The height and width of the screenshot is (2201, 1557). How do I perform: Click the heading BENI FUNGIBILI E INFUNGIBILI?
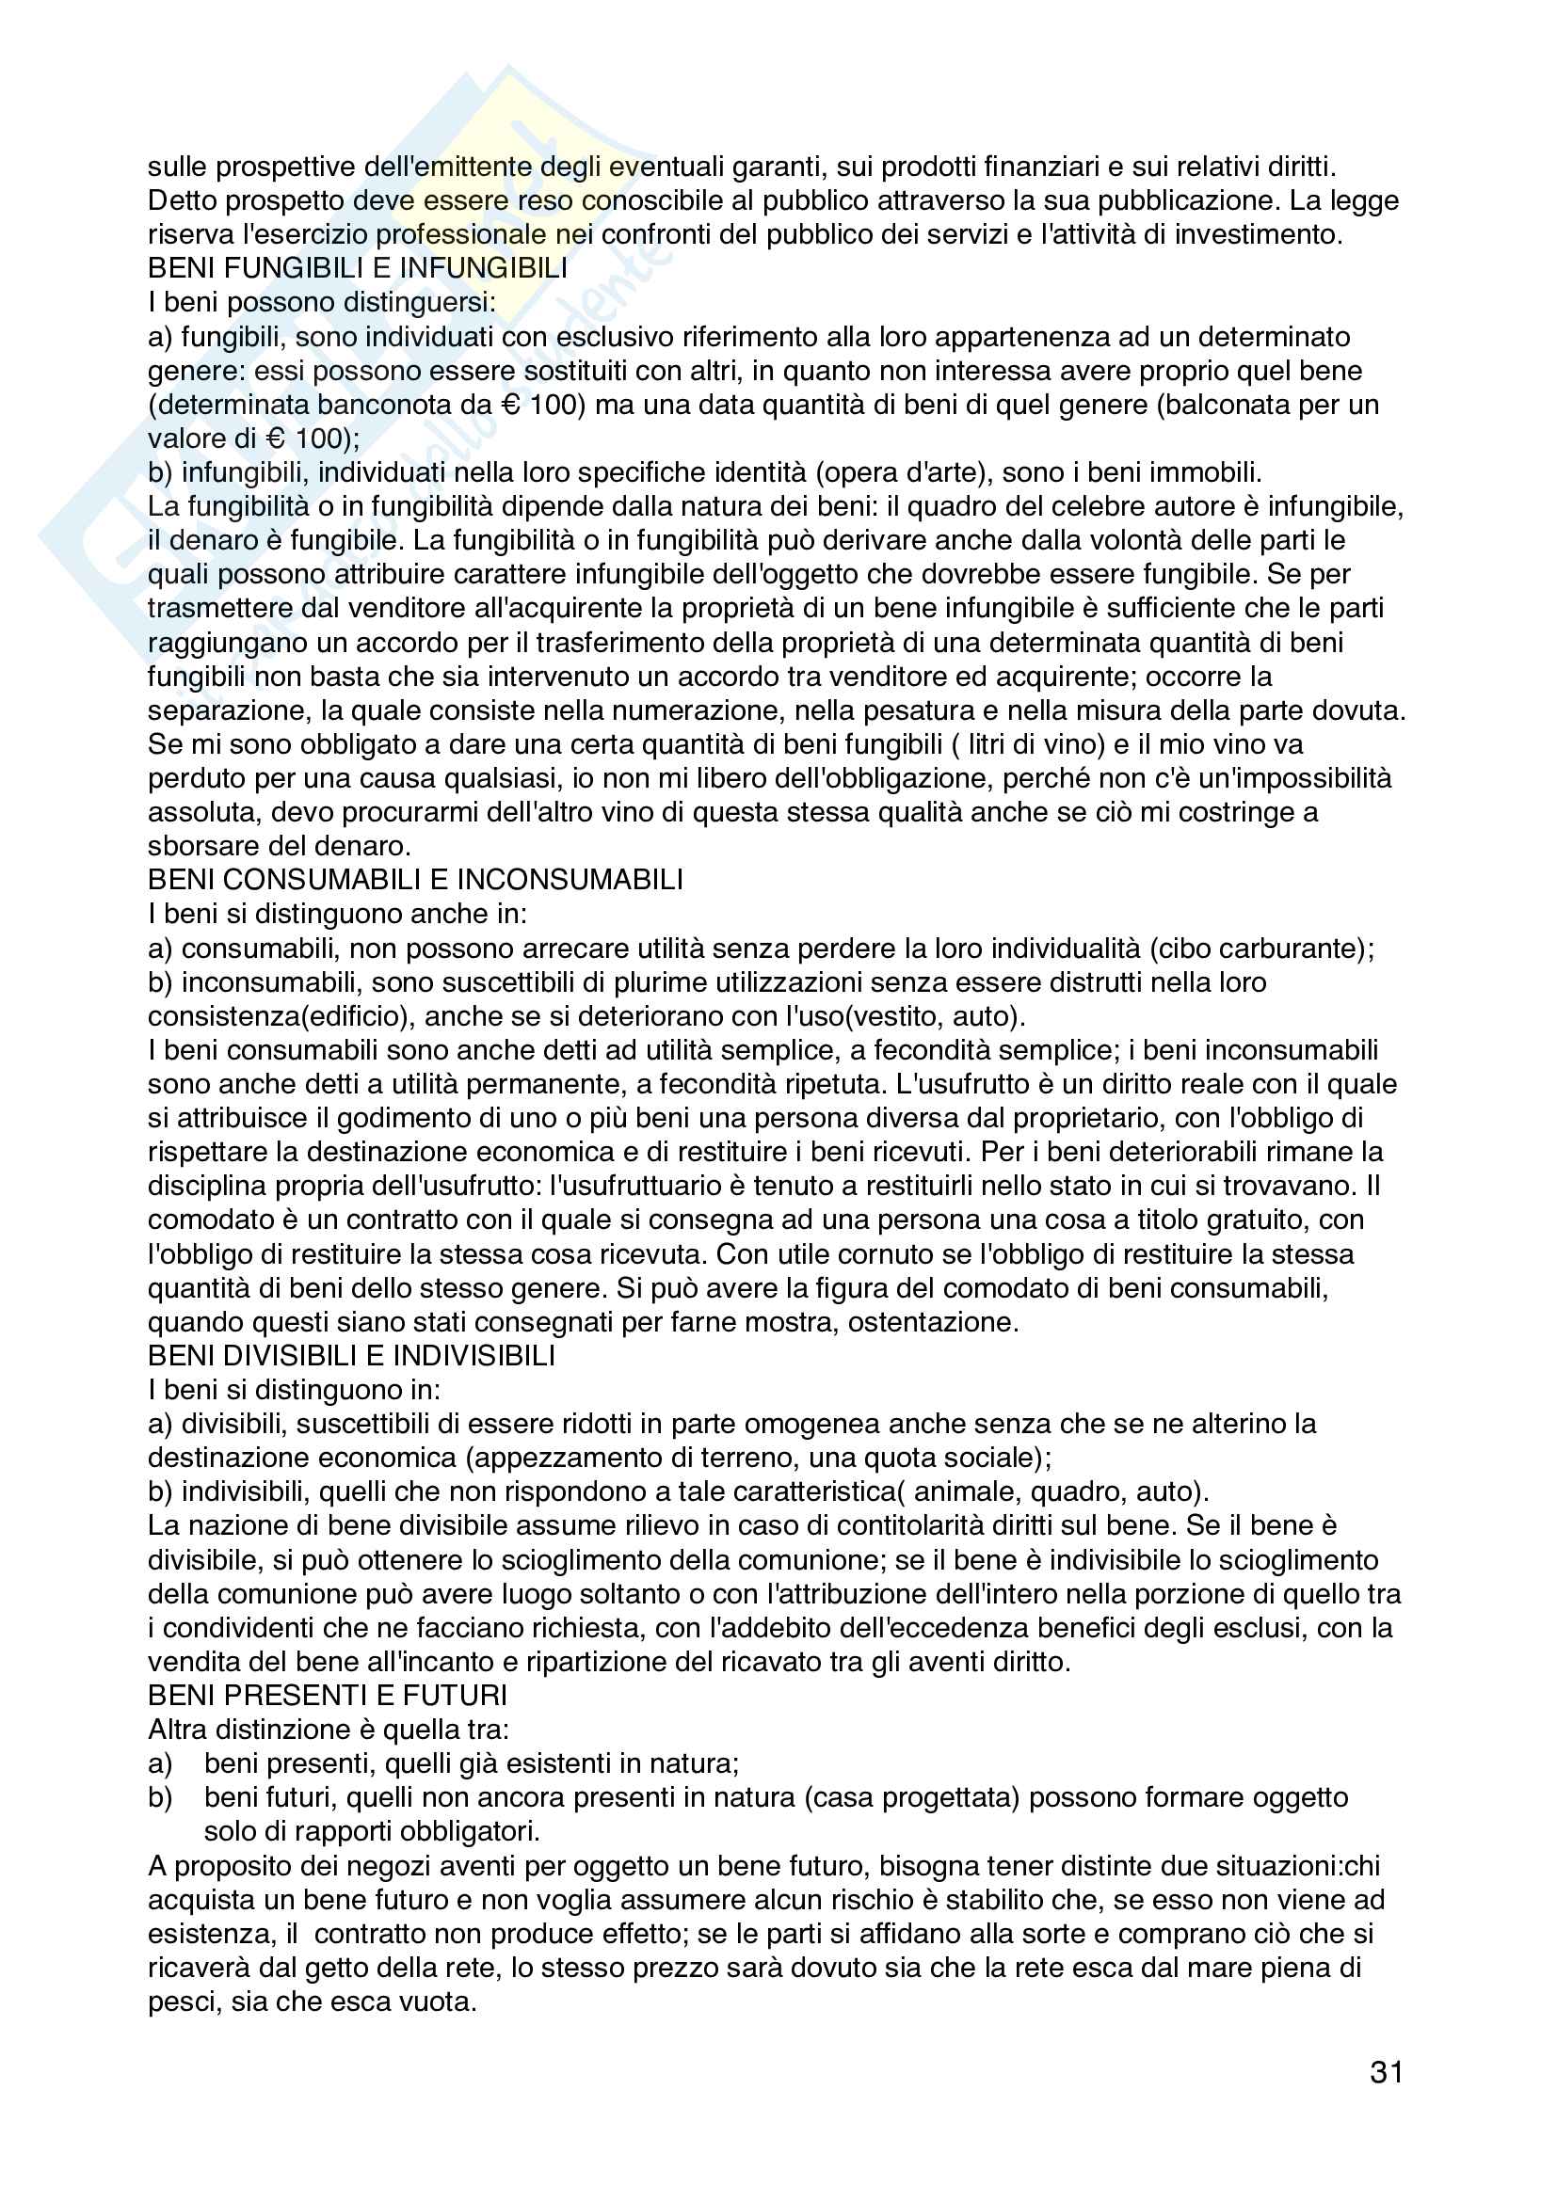[x=357, y=268]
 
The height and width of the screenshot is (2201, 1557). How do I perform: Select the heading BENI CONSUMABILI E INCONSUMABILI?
[x=415, y=880]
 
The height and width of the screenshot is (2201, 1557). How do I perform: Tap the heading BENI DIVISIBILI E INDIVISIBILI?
[x=351, y=1355]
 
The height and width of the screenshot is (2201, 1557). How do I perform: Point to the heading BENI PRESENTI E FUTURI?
[x=327, y=1696]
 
